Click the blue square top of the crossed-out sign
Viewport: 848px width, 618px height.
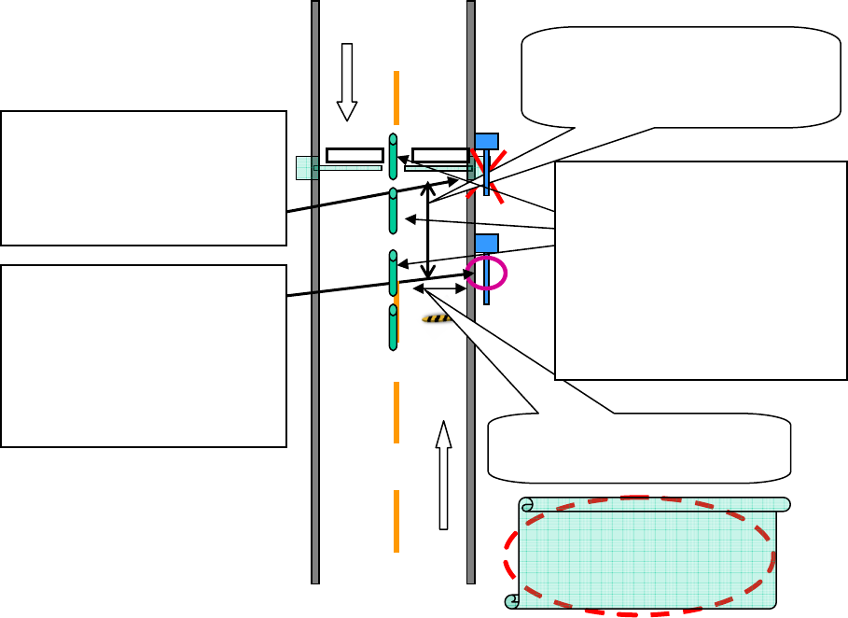click(x=486, y=141)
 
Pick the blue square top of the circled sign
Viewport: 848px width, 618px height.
click(x=486, y=243)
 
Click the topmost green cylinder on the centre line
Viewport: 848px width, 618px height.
click(x=393, y=156)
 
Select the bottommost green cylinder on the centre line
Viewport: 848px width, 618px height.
click(x=393, y=327)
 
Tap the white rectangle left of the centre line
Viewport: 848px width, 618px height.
click(x=354, y=155)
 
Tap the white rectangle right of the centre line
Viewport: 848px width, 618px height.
click(x=440, y=155)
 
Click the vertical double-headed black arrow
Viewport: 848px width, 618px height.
click(x=427, y=231)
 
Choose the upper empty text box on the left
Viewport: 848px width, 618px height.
click(x=144, y=177)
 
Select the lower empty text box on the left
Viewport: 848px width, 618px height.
click(x=144, y=356)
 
